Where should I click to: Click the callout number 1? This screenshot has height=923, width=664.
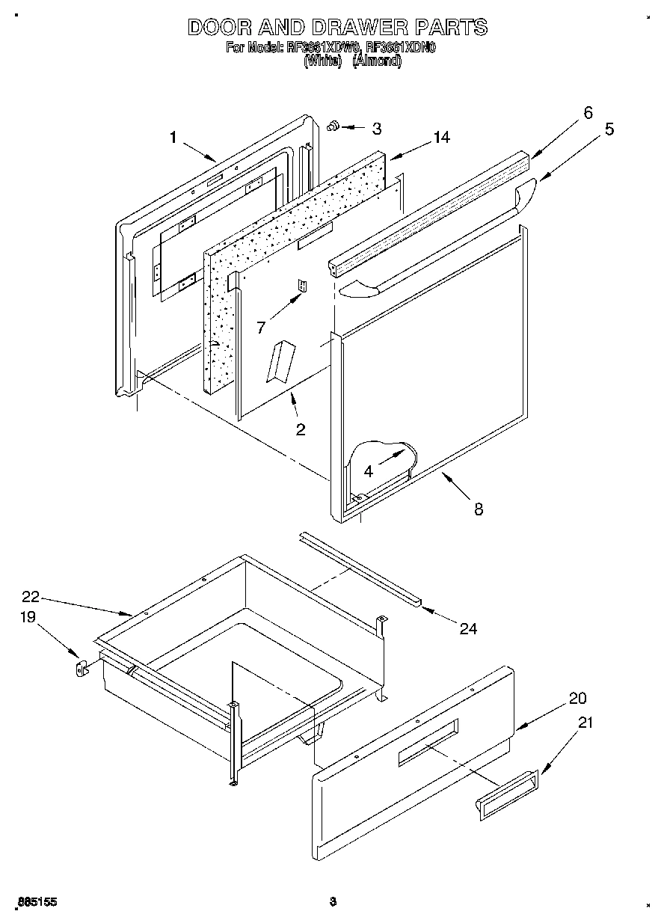coord(173,138)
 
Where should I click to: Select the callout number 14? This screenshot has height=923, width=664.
coord(441,137)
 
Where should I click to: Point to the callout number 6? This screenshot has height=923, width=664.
coord(588,113)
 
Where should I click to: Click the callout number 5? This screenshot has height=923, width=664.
coord(610,129)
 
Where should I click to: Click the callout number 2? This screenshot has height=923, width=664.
coord(300,429)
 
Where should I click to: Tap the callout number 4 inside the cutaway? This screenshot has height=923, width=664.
coord(369,471)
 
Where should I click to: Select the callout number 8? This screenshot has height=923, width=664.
coord(478,509)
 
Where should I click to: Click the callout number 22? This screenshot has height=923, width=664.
coord(30,597)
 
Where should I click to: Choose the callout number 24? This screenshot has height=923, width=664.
coord(468,628)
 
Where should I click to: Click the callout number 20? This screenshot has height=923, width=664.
coord(577,699)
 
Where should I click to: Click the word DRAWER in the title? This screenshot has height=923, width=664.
coord(339,28)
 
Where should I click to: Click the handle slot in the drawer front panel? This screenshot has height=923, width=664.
coord(427,743)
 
